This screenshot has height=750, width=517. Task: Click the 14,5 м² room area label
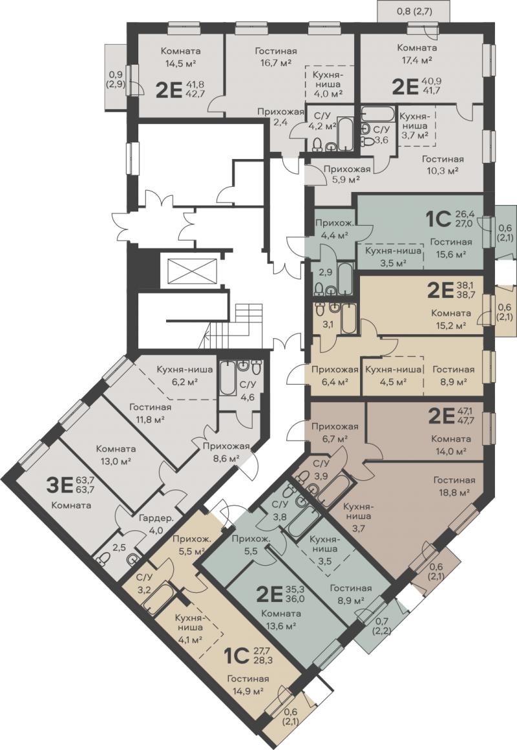coord(181,63)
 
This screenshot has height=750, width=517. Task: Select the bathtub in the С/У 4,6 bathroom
coord(227,378)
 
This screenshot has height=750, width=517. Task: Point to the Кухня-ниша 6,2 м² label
coord(178,376)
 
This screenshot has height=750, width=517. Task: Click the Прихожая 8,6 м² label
coord(226,453)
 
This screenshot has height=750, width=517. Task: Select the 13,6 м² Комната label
coord(281,619)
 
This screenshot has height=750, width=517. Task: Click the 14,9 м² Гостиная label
coord(248,685)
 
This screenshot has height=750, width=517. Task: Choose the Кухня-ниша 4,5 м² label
coord(394,375)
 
